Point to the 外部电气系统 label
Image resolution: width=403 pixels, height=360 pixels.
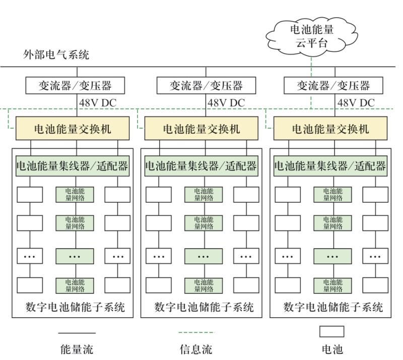coord(56,55)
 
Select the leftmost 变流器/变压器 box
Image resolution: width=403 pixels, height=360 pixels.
coord(75,85)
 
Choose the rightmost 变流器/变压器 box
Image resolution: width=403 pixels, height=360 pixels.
coord(333,85)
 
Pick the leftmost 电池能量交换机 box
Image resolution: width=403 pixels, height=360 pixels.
coord(73,129)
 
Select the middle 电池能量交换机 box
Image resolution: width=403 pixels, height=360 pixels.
coord(201,129)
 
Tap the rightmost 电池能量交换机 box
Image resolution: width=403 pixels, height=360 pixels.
coord(330,129)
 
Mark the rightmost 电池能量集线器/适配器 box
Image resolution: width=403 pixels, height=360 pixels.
coord(330,166)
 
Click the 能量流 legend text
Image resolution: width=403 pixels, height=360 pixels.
coord(77,349)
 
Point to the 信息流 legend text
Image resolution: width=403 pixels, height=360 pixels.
coord(196,349)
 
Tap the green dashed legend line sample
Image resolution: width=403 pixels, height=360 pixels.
coord(196,333)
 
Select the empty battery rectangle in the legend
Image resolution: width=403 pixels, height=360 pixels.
coord(332,332)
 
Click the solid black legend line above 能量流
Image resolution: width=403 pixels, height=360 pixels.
coord(77,333)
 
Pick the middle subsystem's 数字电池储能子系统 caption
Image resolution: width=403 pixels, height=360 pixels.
coord(204,307)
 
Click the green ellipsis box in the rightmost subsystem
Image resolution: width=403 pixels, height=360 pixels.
coord(332,256)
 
